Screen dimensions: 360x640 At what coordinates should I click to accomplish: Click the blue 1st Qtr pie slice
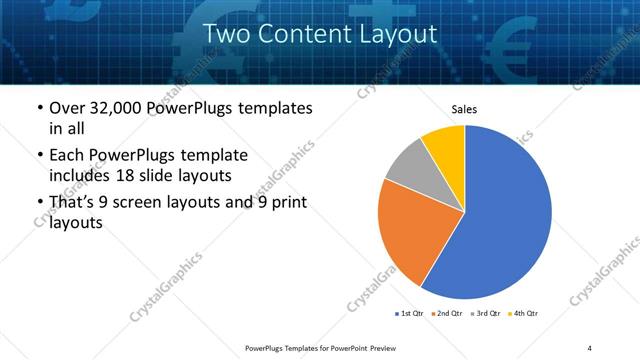click(x=505, y=215)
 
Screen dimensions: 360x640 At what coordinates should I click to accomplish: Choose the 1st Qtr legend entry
click(x=410, y=314)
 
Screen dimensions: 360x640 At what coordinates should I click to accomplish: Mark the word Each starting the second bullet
click(x=69, y=155)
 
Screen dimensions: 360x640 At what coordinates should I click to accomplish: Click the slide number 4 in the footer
click(x=590, y=347)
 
